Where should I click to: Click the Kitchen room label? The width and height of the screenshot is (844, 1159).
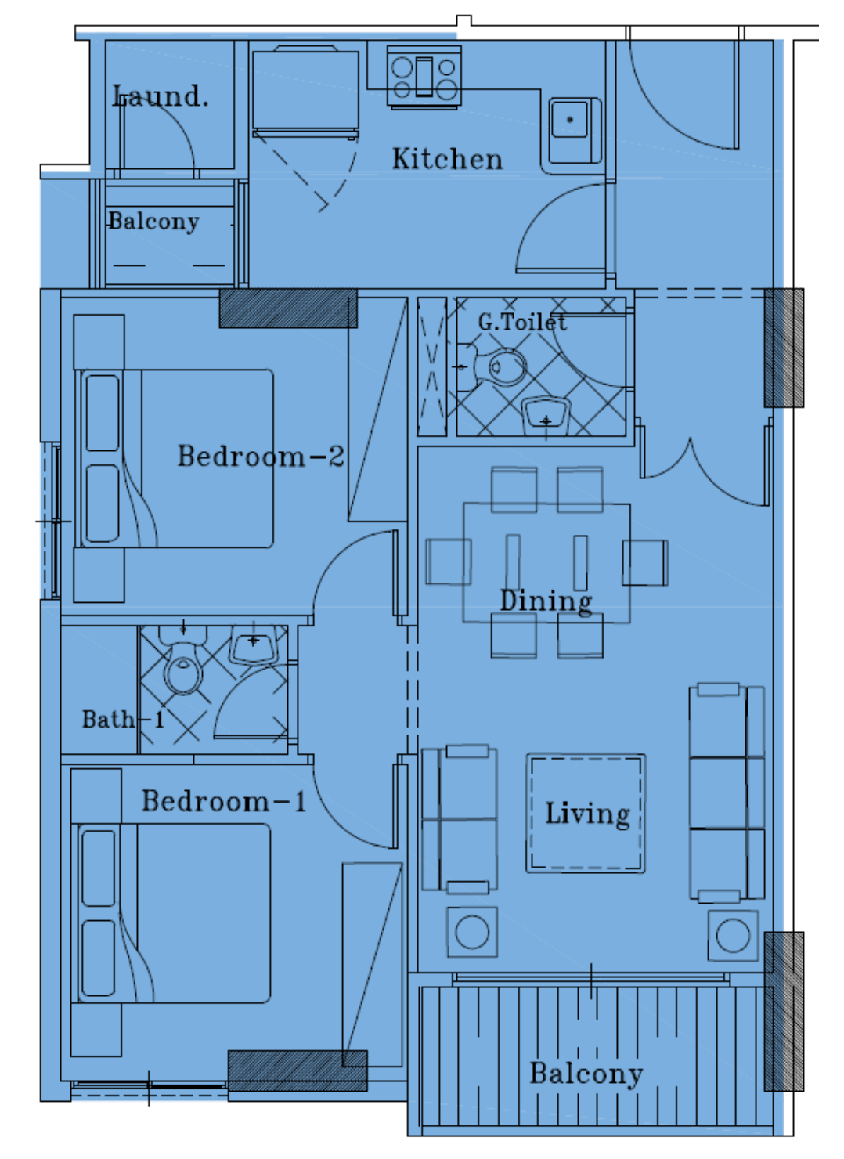pyautogui.click(x=447, y=159)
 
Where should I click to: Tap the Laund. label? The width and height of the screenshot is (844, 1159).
pyautogui.click(x=161, y=96)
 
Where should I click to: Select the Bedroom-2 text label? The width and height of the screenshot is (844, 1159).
pyautogui.click(x=261, y=456)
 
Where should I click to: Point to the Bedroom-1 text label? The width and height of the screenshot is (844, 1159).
pyautogui.click(x=224, y=801)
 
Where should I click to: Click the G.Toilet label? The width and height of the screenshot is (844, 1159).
pyautogui.click(x=522, y=323)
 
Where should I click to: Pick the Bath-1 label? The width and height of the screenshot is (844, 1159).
pyautogui.click(x=123, y=719)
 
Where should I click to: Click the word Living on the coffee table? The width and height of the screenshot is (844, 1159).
pyautogui.click(x=588, y=814)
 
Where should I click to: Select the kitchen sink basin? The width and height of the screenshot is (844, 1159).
pyautogui.click(x=575, y=129)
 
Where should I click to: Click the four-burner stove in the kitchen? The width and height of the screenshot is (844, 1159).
pyautogui.click(x=424, y=77)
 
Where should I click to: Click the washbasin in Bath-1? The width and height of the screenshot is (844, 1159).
pyautogui.click(x=254, y=644)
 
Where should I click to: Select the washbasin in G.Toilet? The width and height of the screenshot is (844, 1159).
pyautogui.click(x=546, y=417)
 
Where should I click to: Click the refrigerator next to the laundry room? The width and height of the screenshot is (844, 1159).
pyautogui.click(x=305, y=93)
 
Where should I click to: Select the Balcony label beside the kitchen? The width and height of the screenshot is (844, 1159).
pyautogui.click(x=153, y=222)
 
